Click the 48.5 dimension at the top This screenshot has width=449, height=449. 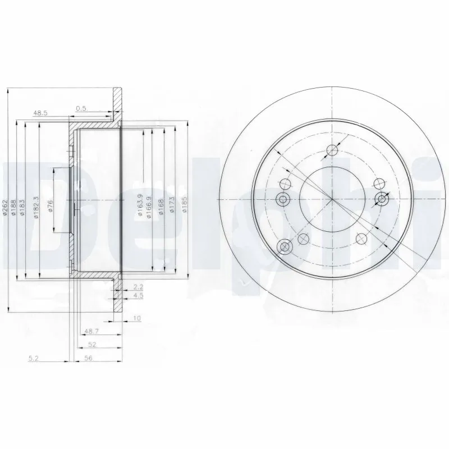(x=40, y=113)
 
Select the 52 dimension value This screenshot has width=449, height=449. (x=91, y=345)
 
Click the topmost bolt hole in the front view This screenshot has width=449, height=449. (x=333, y=149)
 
